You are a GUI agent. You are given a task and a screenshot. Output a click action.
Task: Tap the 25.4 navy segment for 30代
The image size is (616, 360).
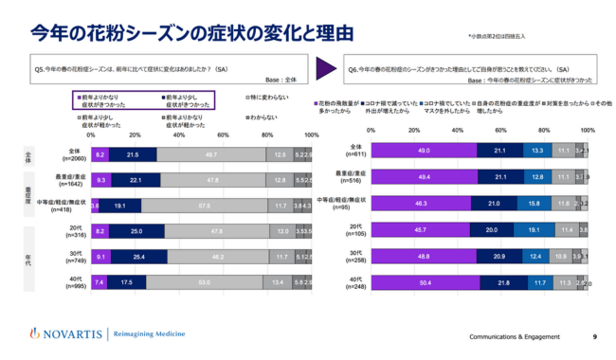pos(138,256)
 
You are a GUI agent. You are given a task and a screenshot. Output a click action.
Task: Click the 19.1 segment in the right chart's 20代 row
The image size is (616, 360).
pos(534,229)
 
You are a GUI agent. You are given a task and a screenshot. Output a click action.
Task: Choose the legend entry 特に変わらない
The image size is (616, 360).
pos(275,97)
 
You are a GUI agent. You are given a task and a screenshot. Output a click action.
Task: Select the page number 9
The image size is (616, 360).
pos(594,336)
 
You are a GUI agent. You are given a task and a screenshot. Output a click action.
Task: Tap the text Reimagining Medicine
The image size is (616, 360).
pos(156,333)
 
